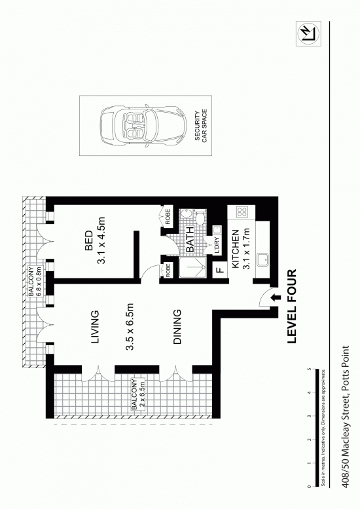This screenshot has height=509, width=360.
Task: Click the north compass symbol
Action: point(308,33)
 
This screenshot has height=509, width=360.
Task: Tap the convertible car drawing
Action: point(143,126)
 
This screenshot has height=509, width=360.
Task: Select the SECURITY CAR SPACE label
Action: point(201,126)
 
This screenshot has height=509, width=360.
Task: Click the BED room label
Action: point(88,240)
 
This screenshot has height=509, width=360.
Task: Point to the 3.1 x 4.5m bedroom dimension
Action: point(101,240)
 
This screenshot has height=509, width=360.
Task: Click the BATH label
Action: point(190,240)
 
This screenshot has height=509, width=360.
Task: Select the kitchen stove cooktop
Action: point(242,213)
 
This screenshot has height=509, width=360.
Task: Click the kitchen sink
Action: point(262,260)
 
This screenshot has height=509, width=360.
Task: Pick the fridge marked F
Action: point(220,270)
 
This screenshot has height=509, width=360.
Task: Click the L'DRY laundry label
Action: point(217,246)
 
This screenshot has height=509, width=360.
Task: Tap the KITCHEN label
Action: point(236,250)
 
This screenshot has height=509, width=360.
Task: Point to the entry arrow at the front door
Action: point(276,297)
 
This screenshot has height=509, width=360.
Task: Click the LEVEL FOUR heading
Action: point(292,306)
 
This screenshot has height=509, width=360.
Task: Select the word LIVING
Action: point(95,328)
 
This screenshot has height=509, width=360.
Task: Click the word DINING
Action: point(177,327)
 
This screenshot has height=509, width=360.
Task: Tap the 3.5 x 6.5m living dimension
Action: point(130,328)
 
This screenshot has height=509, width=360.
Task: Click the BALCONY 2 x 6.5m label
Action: point(138,394)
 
